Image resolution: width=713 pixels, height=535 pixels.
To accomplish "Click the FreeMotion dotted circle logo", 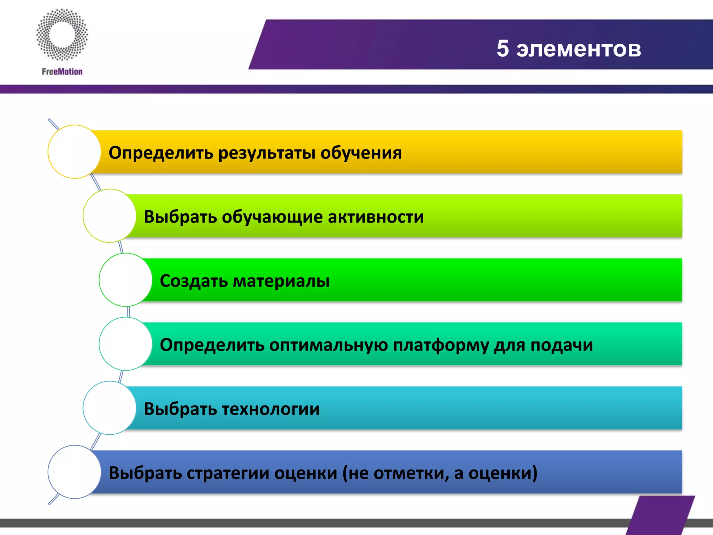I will (62, 35).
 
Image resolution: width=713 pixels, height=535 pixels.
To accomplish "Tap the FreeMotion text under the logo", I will (62, 72).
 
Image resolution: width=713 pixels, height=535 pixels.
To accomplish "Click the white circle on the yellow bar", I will (74, 152).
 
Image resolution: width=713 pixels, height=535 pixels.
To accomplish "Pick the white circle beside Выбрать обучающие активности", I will (109, 216).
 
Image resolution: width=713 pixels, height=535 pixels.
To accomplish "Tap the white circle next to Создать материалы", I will (125, 280).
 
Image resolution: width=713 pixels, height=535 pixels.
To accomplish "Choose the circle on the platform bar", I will (125, 344).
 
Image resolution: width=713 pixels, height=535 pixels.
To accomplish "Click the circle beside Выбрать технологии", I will (109, 408).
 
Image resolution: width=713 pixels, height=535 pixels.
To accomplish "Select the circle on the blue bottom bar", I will (74, 472).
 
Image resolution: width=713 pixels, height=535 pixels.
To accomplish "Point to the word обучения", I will (361, 153).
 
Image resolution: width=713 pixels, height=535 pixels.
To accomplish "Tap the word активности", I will (376, 217).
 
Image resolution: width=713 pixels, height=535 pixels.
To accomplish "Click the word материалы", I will (281, 281).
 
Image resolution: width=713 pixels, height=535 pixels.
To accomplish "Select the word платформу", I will (441, 346).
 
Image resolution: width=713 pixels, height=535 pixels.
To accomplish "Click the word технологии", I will (271, 409).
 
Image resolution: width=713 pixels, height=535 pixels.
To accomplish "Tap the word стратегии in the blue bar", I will (228, 473).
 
